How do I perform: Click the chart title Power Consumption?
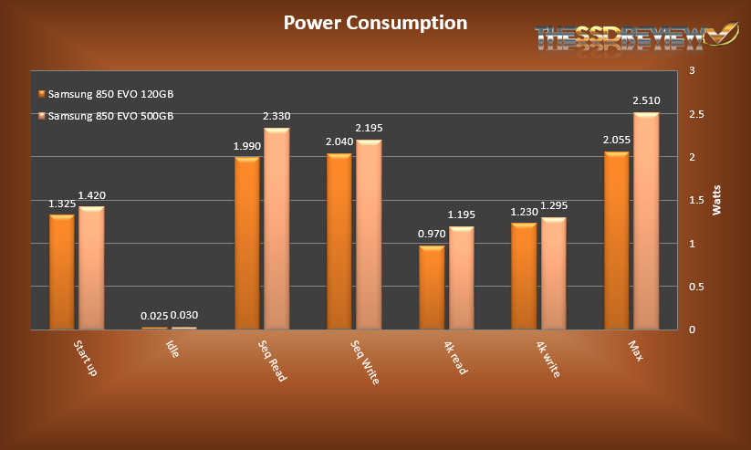(375, 23)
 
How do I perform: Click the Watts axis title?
(716, 199)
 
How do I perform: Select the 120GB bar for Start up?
(61, 272)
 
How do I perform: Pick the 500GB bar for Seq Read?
(276, 228)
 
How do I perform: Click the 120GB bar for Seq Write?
(339, 241)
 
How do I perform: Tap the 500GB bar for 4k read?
(462, 277)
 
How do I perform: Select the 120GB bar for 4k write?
(524, 276)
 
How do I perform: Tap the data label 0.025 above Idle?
(153, 317)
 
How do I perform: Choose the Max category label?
(636, 351)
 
